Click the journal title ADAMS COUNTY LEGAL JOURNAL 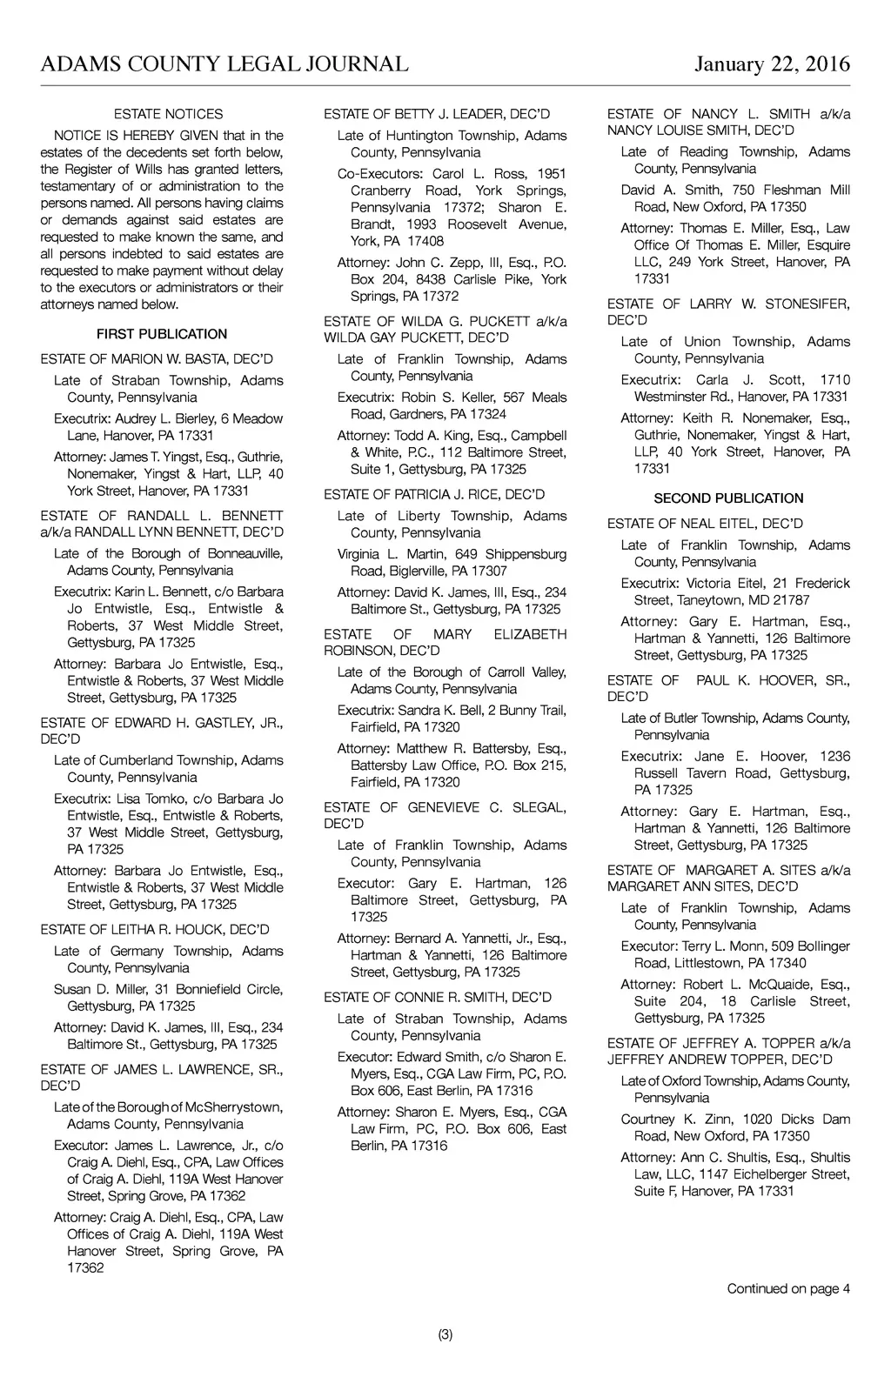[224, 64]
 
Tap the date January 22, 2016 [772, 64]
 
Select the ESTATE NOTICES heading [168, 114]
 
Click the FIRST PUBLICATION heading [162, 334]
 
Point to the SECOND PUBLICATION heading [728, 498]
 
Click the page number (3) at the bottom [445, 1334]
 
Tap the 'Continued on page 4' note [788, 1288]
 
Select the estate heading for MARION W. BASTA [157, 359]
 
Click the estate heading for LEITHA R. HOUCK [155, 929]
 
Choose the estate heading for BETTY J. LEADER [437, 114]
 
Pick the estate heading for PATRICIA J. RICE [434, 494]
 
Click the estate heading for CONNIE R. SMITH [437, 997]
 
